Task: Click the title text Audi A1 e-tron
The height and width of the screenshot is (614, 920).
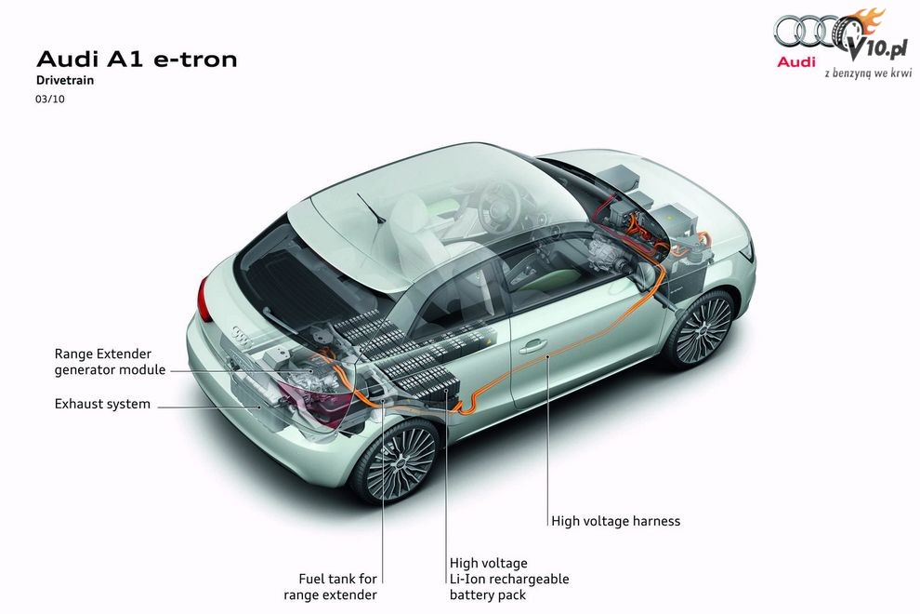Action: coord(137,60)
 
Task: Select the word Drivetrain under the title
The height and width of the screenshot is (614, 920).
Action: coord(65,81)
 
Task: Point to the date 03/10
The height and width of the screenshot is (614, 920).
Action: coord(50,100)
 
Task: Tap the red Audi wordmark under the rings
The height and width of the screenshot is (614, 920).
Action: coord(796,61)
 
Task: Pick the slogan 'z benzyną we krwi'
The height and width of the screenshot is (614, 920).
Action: coord(868,73)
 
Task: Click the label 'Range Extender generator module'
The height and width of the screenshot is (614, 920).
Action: coord(110,362)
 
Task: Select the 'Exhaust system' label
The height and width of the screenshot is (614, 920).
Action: coord(102,405)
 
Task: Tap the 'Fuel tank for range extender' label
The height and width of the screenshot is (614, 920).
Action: coord(330,587)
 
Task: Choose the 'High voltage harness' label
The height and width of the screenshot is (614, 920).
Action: coord(615,521)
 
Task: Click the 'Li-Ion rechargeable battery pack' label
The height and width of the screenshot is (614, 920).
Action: coord(509,580)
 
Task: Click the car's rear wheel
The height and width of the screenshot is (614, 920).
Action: coord(397,461)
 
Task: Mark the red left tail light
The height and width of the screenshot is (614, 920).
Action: coord(204,299)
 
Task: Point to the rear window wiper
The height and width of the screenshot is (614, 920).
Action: coord(371,208)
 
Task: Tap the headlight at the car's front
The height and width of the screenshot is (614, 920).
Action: coord(746,251)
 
